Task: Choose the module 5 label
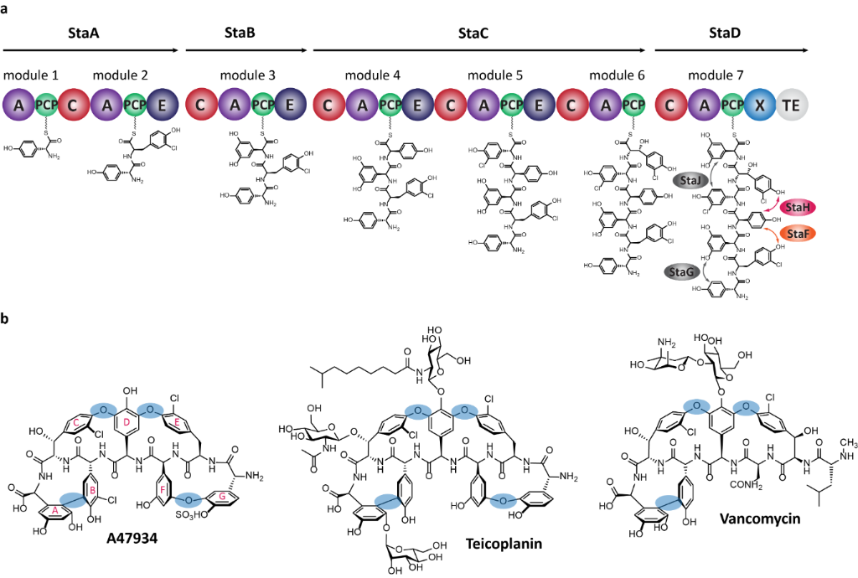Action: [494, 75]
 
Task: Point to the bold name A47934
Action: [136, 539]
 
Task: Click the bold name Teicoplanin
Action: [503, 544]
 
